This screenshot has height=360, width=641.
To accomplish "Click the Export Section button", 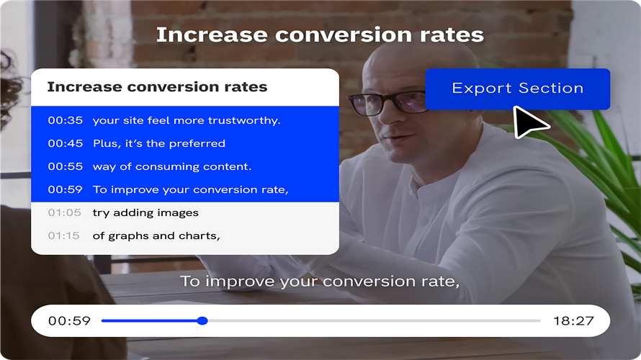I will point(517,89).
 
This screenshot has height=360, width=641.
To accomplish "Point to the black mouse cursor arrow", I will point(529,122).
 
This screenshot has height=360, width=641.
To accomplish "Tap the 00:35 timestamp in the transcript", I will point(66,120).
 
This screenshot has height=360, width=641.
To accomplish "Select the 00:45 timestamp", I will point(66,143).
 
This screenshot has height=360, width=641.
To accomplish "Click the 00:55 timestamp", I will point(66,166).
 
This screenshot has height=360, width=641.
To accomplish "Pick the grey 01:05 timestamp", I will point(66,212).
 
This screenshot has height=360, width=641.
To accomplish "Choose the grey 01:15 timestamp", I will point(66,235).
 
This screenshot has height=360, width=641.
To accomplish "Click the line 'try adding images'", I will point(145,212).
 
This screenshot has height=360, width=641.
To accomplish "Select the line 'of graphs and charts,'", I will point(156,235).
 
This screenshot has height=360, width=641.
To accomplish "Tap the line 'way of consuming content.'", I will point(172,166).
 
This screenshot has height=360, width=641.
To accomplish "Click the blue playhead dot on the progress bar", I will point(202,320).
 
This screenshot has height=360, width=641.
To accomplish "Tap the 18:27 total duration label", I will point(573,320).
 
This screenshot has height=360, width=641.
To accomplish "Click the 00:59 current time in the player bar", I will point(69,320).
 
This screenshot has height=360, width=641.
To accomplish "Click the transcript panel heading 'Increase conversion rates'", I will point(157,87).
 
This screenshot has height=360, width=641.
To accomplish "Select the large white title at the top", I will point(320,35).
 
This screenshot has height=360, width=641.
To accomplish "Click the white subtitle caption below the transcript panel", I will point(320,281).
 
